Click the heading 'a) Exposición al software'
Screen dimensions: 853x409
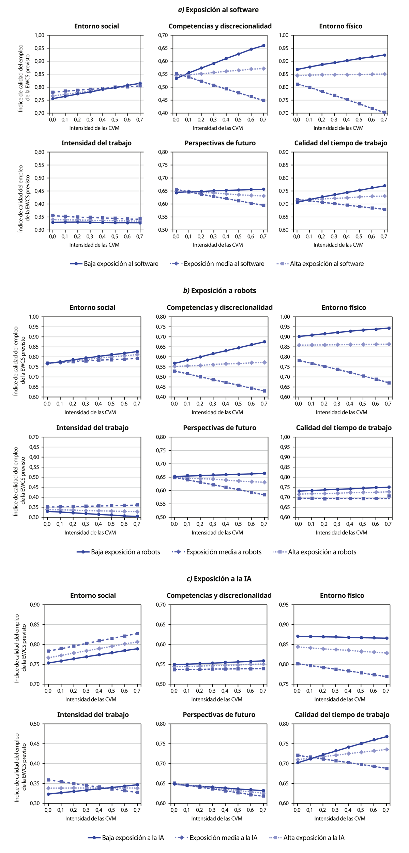coord(218,10)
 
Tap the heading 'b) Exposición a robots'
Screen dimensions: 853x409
coord(219,291)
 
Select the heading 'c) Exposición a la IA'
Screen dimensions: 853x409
coord(219,579)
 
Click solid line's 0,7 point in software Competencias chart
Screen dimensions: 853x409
coord(263,45)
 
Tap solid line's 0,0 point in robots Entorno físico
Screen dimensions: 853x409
coord(299,336)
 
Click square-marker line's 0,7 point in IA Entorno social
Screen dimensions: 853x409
coord(137,634)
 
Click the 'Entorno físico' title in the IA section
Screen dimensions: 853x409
coord(342,595)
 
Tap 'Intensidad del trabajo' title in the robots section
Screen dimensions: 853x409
coord(92,428)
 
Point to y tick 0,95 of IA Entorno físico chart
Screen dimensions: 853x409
coord(284,605)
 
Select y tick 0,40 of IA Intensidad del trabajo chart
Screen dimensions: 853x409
coord(34,764)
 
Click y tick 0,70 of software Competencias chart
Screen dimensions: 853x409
coord(163,35)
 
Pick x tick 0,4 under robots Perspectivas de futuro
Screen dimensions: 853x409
coord(225,524)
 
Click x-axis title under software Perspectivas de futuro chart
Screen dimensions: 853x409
coord(218,245)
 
